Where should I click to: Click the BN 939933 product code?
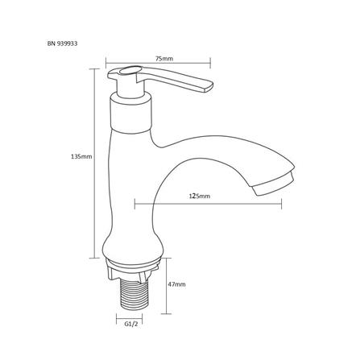(62, 43)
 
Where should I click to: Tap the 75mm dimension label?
(164, 59)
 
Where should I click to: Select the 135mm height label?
(81, 156)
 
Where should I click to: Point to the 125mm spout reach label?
(200, 197)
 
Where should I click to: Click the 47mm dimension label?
(176, 284)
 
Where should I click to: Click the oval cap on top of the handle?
(129, 71)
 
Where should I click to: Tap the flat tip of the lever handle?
(209, 87)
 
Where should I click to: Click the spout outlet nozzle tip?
(273, 184)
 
